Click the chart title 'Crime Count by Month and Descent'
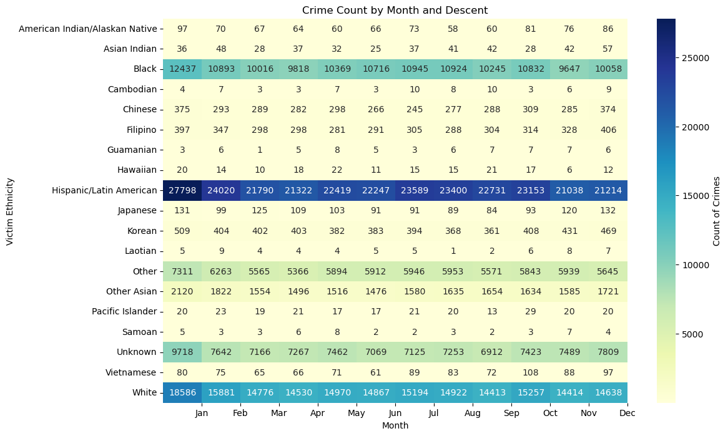pyautogui.click(x=395, y=10)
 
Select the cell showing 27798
pyautogui.click(x=182, y=190)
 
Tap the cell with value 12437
pyautogui.click(x=182, y=69)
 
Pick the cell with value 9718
pyautogui.click(x=182, y=352)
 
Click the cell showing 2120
pyautogui.click(x=182, y=291)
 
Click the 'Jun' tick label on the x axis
pyautogui.click(x=395, y=413)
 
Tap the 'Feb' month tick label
pyautogui.click(x=240, y=413)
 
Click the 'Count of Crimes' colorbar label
pyautogui.click(x=716, y=211)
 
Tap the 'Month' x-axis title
pyautogui.click(x=395, y=425)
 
